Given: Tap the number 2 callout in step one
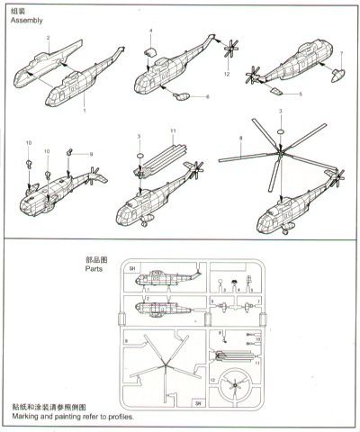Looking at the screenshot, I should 49,38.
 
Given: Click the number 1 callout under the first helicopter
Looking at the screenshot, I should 85,111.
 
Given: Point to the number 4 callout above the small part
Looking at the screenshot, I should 150,31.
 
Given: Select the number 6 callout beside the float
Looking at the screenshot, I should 206,96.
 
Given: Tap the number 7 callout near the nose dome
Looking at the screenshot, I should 341,53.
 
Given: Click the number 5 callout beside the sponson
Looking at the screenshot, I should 300,93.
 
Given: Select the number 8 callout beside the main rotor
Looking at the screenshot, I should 241,138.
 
